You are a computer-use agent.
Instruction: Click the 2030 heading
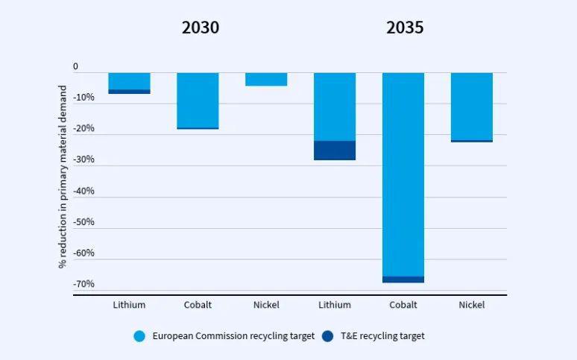pyautogui.click(x=201, y=28)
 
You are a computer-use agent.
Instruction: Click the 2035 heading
pyautogui.click(x=405, y=28)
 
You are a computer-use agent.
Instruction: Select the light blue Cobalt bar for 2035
pyautogui.click(x=403, y=174)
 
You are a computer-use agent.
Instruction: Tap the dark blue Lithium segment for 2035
pyautogui.click(x=335, y=151)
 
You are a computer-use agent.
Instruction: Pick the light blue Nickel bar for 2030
pyautogui.click(x=266, y=80)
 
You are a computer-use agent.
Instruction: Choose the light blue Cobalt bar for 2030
pyautogui.click(x=198, y=100)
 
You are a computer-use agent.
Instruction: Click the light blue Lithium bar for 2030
pyautogui.click(x=129, y=81)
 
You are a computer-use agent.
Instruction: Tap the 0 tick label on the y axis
pyautogui.click(x=75, y=67)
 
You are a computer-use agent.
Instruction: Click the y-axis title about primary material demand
pyautogui.click(x=63, y=177)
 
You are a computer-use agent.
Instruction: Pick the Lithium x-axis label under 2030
pyautogui.click(x=129, y=305)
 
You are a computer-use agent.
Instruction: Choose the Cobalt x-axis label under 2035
pyautogui.click(x=403, y=305)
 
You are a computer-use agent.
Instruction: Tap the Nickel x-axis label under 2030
pyautogui.click(x=266, y=305)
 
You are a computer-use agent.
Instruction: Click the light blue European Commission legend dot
pyautogui.click(x=139, y=336)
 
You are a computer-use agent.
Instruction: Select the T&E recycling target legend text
pyautogui.click(x=382, y=336)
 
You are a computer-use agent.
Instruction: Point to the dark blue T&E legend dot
pyautogui.click(x=328, y=336)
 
